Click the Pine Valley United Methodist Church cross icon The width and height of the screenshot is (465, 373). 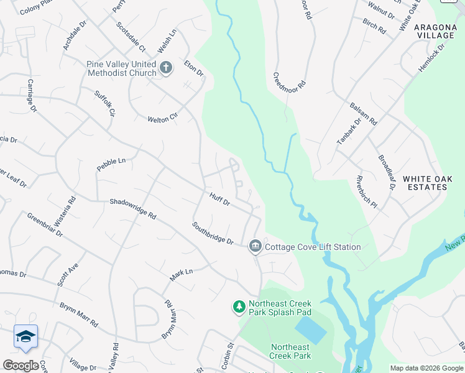click(166, 68)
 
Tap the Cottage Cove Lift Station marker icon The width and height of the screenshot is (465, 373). click(254, 247)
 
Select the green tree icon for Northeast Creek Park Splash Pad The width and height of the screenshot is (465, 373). click(239, 307)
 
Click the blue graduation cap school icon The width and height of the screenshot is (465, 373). click(25, 336)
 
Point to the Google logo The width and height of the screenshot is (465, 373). click(21, 366)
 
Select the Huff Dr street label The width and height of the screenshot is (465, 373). click(219, 200)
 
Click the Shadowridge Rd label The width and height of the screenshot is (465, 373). click(132, 208)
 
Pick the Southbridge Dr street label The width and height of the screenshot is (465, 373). click(212, 234)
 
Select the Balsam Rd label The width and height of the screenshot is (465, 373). click(363, 114)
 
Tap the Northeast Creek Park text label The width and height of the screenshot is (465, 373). click(290, 351)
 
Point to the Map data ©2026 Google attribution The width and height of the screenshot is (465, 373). click(426, 368)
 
